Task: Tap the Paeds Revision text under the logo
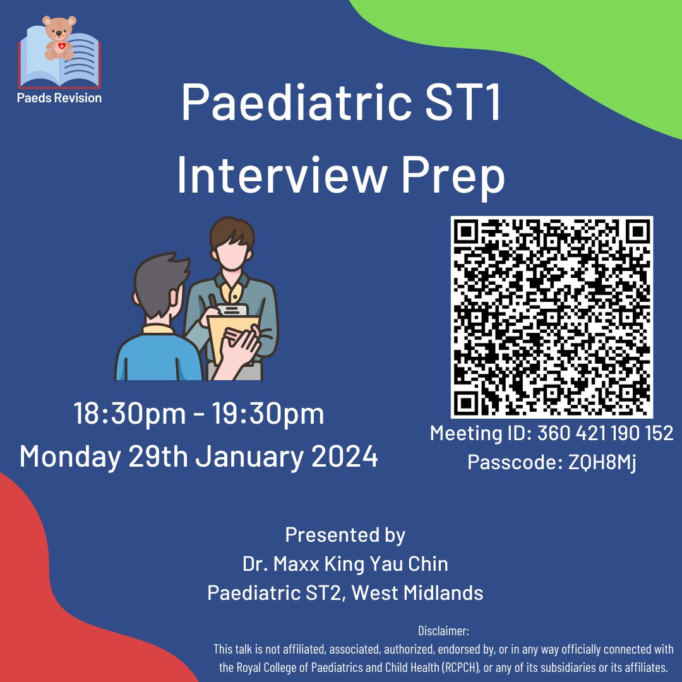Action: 60,97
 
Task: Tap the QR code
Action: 551,317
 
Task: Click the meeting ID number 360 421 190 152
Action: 605,433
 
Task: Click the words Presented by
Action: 345,535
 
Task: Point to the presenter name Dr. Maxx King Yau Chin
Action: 345,563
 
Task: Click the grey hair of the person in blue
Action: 161,284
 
